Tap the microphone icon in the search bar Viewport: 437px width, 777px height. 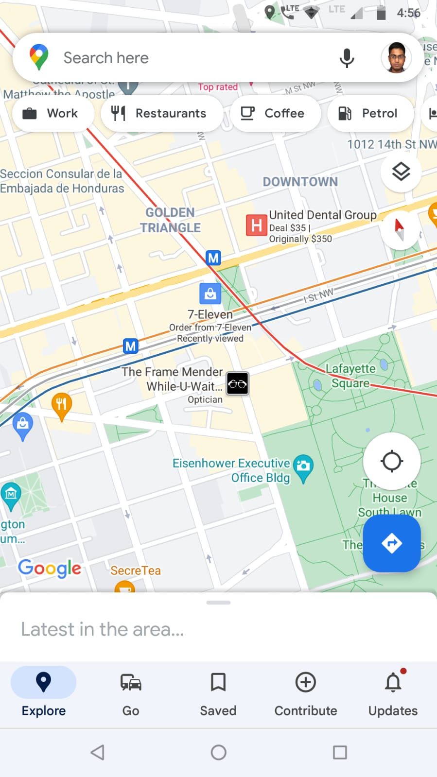347,58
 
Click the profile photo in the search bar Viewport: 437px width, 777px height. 396,58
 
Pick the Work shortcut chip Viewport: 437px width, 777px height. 51,113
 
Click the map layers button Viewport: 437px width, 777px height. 401,172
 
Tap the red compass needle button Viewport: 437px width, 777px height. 400,229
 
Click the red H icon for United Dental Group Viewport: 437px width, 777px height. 256,225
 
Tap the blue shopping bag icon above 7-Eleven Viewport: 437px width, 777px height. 210,293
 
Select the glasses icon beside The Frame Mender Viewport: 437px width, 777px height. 238,384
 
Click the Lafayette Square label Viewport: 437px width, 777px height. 350,376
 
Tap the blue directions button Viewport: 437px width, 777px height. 392,543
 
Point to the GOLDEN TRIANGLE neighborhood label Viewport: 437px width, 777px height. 171,220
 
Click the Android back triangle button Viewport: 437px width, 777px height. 98,752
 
